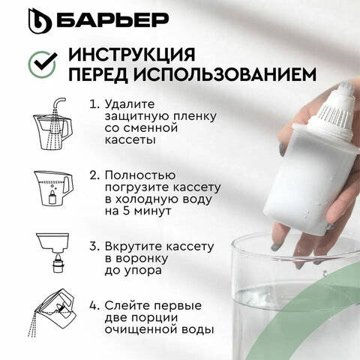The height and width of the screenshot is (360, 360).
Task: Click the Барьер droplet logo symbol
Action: point(40,21)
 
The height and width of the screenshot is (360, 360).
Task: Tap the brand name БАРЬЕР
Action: point(112,19)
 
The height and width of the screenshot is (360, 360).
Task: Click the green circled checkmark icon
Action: point(42,64)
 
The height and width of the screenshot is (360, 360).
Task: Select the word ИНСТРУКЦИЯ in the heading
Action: point(131,54)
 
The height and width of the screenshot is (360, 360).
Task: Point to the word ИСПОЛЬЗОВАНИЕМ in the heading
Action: point(225,74)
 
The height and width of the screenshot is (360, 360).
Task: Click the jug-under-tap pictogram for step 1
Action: point(52,124)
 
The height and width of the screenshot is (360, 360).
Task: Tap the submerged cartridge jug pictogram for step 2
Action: point(53,188)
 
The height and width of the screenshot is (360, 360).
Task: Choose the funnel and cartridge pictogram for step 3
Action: point(52,253)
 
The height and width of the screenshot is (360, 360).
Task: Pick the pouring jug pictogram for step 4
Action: point(52,313)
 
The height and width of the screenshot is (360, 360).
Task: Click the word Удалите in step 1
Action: point(130,104)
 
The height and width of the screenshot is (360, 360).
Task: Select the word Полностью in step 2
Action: point(140,175)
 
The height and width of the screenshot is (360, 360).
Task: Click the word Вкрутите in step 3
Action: point(133,247)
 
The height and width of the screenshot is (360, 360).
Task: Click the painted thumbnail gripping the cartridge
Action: point(281,148)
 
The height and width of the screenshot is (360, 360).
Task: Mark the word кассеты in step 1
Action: point(130,140)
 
